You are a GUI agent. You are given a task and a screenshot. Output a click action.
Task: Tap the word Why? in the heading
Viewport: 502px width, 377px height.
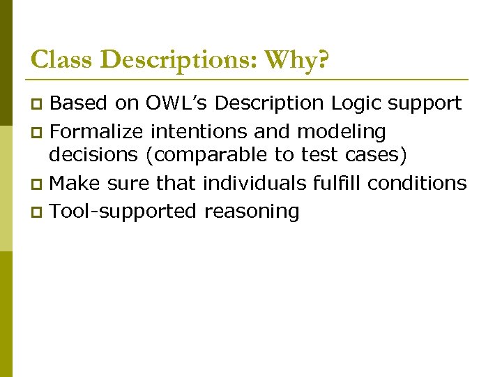point(296,60)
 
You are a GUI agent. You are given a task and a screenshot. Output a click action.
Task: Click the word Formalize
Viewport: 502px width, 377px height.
point(97,131)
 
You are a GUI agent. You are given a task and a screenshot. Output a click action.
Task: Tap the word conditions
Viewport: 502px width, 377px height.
point(417,183)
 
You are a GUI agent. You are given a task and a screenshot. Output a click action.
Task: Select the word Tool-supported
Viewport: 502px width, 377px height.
point(124,210)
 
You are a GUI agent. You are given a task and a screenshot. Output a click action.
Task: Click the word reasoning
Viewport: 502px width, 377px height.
point(252,211)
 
